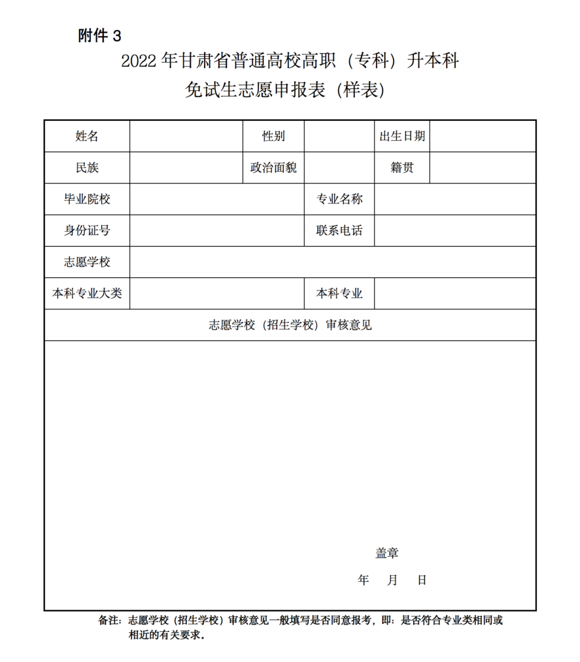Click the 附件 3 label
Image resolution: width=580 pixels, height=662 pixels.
100,36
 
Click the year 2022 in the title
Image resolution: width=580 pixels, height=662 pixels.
138,61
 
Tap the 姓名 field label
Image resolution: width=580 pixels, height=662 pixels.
87,136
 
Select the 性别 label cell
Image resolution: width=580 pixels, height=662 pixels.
273,136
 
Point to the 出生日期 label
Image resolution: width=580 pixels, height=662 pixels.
402,136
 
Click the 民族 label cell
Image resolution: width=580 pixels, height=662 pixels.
87,168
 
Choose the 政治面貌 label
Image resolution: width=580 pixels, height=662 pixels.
273,168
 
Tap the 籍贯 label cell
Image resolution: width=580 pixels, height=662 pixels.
402,168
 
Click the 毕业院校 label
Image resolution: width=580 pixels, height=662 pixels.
87,199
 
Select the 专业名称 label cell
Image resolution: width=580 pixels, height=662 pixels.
339,199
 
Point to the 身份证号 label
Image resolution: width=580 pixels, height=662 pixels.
87,230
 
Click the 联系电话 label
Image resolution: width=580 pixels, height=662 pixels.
339,230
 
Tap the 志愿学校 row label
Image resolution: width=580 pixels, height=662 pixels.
87,262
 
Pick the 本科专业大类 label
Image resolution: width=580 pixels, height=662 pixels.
87,293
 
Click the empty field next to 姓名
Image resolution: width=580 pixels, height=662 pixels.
186,136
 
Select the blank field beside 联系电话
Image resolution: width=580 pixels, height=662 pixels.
455,230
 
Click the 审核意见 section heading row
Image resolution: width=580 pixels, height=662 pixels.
290,325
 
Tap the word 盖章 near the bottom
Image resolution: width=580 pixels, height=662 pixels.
387,553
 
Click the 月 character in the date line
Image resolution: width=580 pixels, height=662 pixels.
393,580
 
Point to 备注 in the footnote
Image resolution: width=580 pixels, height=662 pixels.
109,621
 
